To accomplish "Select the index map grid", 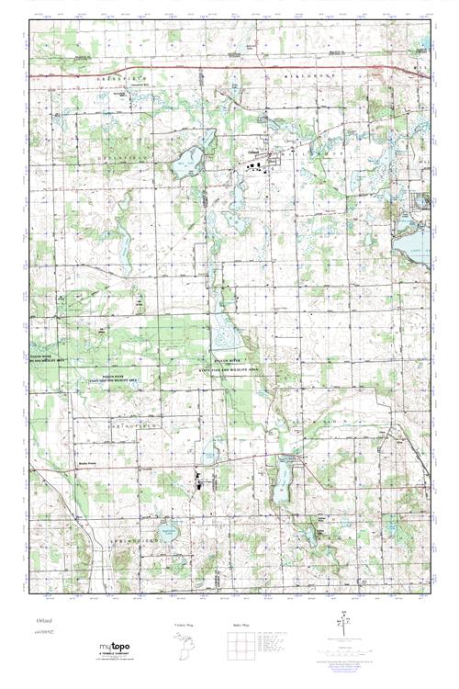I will click(240, 647).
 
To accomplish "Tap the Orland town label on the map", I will click(253, 152).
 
